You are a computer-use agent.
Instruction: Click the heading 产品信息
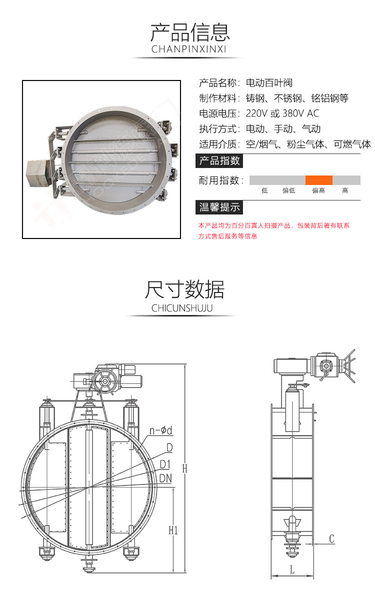click(190, 32)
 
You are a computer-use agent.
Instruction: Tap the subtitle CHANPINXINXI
click(189, 49)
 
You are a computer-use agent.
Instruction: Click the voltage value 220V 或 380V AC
click(282, 113)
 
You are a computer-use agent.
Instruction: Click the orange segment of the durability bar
click(319, 180)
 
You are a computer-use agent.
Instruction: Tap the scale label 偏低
click(289, 190)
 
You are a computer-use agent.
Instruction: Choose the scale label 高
click(345, 190)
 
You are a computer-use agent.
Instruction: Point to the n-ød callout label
click(160, 430)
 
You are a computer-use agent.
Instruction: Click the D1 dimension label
click(165, 464)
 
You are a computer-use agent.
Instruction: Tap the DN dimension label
click(166, 478)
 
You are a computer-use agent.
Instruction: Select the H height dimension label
click(184, 468)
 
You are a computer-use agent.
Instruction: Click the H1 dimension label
click(173, 530)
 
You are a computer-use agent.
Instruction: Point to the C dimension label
click(331, 538)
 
